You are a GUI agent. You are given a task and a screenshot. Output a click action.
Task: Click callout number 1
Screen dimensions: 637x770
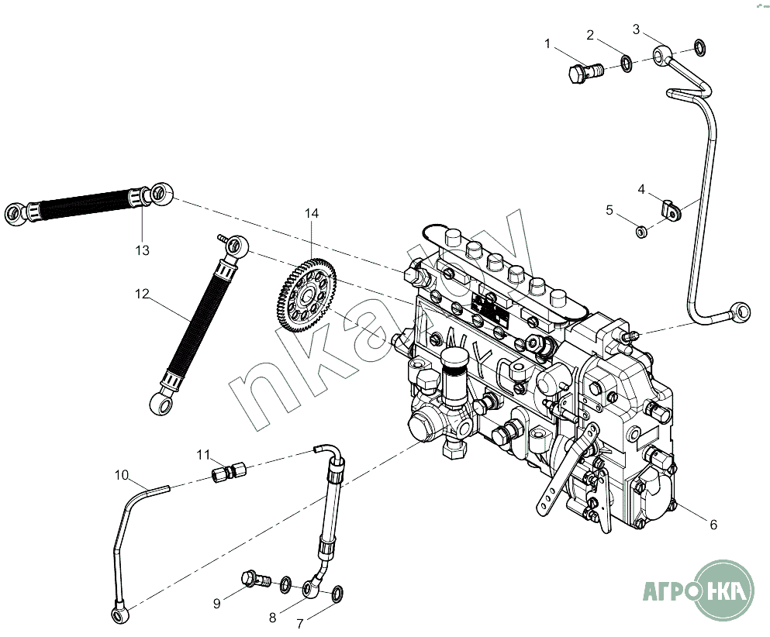point(548,44)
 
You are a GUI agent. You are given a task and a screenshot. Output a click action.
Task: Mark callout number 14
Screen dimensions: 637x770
point(311,213)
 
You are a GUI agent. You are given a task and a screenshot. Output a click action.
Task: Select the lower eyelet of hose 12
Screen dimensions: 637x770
point(158,402)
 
